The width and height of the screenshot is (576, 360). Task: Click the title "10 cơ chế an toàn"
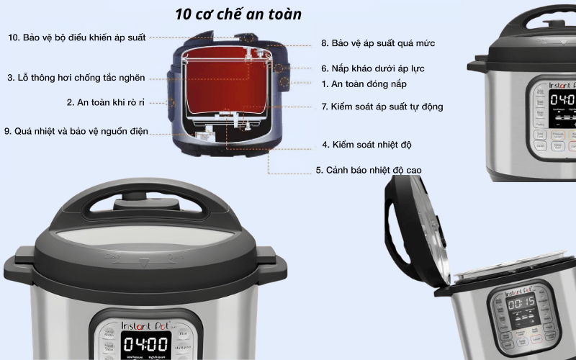point(238,14)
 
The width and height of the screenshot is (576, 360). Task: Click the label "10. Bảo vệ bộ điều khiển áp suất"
point(77,37)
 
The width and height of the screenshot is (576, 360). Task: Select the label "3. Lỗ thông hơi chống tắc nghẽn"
point(76,78)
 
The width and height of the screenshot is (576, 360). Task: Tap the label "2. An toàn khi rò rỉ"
point(105,103)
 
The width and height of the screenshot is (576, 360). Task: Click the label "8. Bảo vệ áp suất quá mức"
point(377,43)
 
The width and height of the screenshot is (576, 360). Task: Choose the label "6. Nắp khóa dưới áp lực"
point(372,68)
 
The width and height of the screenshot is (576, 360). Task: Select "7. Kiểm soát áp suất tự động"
point(382,107)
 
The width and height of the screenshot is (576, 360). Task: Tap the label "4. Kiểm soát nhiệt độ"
point(366,145)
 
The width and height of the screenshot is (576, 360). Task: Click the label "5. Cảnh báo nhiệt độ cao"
point(369,171)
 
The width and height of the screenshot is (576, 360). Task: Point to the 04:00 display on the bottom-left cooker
point(145,344)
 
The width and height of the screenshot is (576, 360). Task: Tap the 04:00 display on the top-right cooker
point(562,99)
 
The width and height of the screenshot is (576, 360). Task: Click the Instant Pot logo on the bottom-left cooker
point(145,325)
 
